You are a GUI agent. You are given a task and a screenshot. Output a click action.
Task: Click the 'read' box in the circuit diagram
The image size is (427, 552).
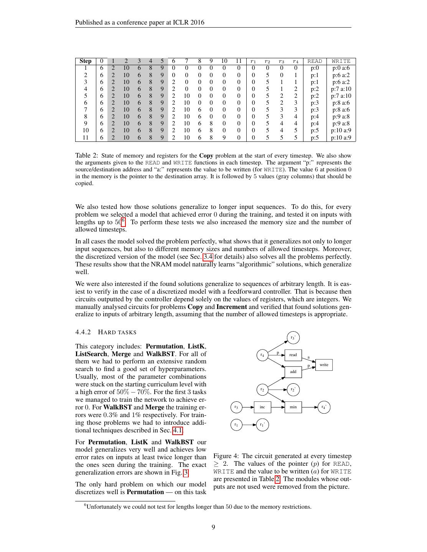293,355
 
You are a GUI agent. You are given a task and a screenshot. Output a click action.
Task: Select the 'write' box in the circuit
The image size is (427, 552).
324,365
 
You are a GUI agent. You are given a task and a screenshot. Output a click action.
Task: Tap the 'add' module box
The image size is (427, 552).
293,372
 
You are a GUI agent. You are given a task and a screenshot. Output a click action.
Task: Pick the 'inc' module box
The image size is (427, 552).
262,407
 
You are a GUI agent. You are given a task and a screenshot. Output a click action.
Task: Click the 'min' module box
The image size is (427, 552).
293,407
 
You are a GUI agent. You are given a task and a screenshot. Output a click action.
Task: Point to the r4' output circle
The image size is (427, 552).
324,407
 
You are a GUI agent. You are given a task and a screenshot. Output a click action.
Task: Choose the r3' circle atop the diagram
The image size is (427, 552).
293,338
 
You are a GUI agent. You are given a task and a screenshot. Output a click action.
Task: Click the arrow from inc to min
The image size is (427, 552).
278,407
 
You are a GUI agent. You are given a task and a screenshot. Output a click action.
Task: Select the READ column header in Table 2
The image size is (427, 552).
315,61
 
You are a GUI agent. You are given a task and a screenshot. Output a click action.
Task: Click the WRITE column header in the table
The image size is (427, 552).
341,61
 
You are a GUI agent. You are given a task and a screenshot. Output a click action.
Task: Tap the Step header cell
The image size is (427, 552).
85,61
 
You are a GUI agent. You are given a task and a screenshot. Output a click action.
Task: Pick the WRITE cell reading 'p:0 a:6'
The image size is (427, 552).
341,68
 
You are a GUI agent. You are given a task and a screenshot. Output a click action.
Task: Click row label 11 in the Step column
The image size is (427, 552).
85,138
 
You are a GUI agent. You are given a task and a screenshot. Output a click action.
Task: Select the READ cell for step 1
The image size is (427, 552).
315,68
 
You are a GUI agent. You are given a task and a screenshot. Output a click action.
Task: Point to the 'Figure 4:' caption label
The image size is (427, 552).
226,456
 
